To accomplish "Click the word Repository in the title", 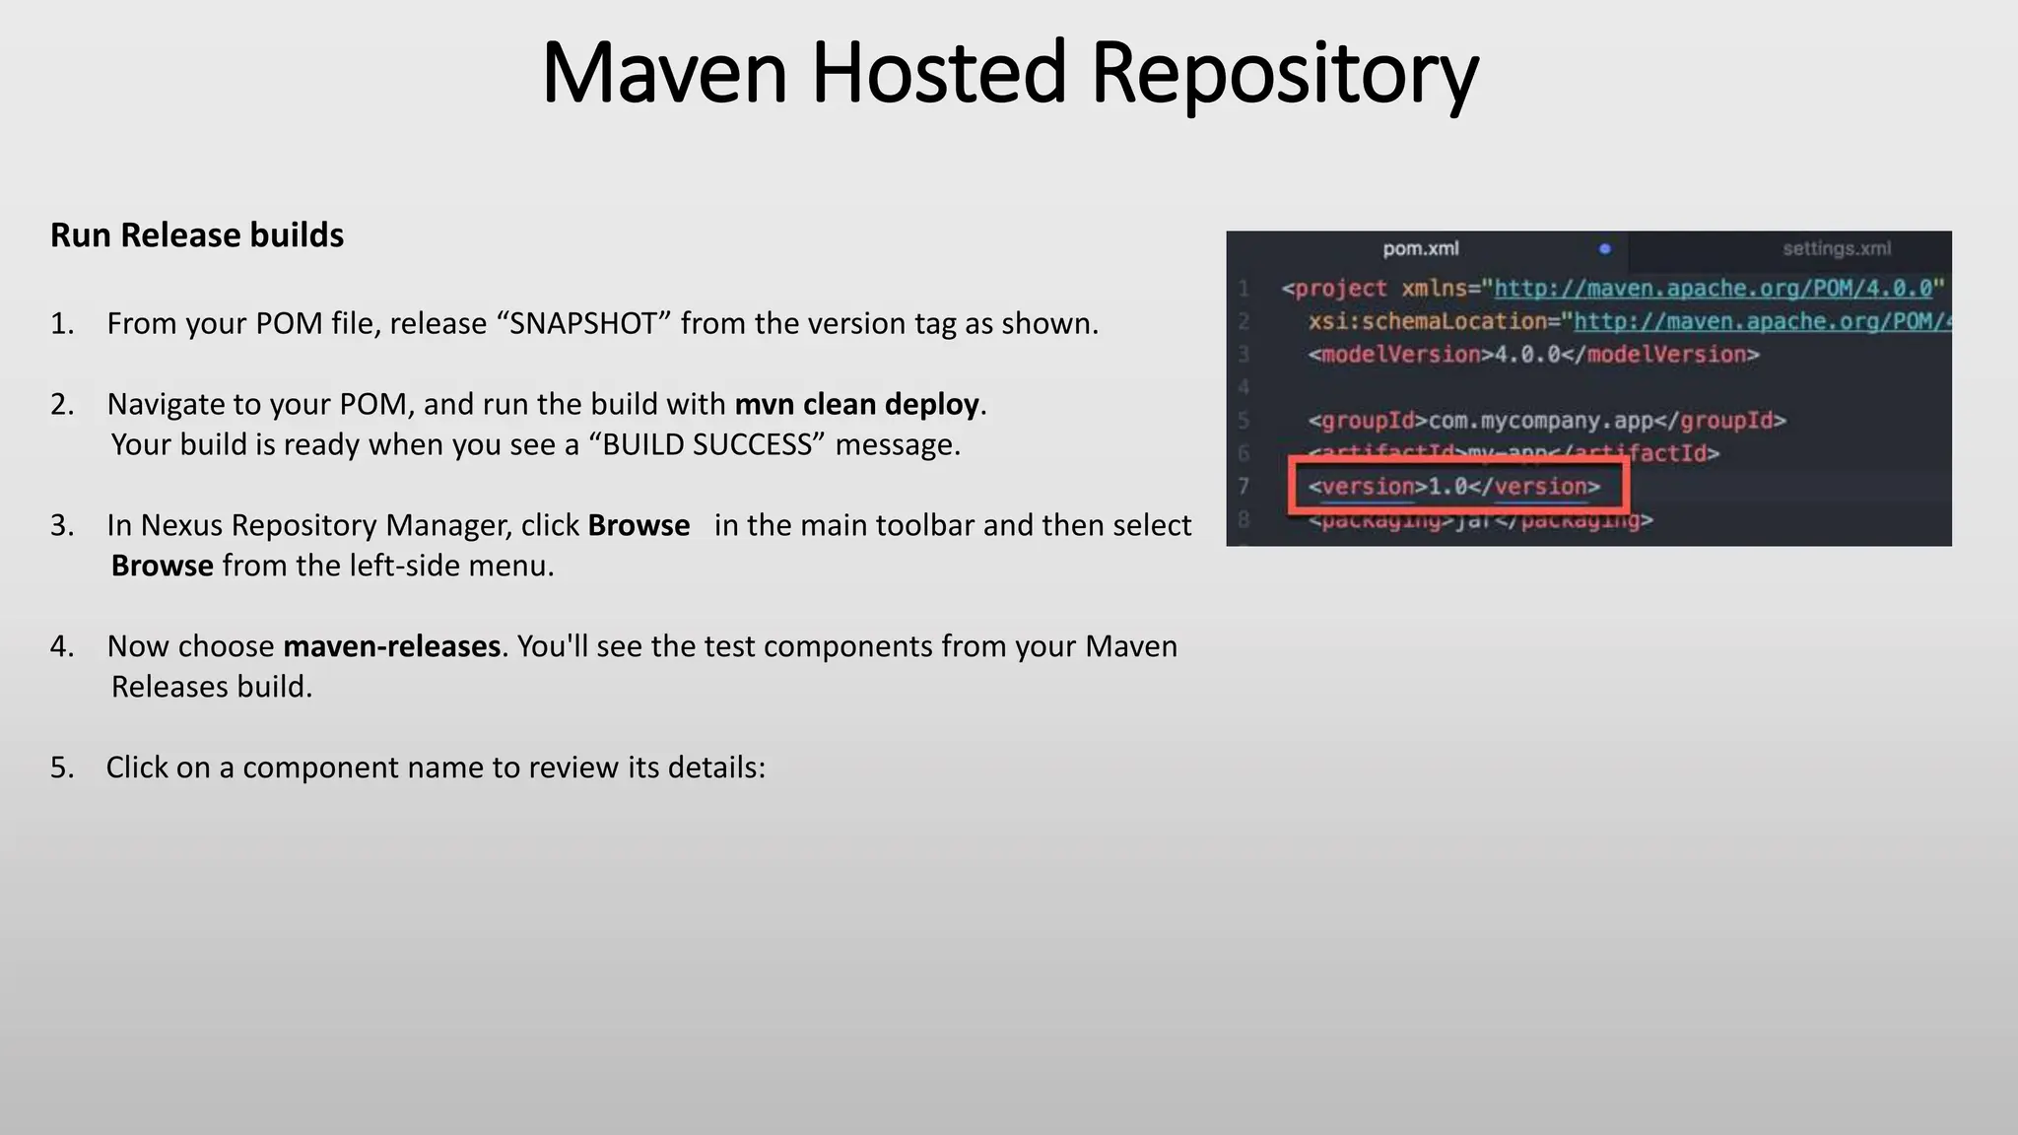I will (1285, 75).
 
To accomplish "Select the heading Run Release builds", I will (197, 235).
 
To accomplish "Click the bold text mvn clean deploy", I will (856, 405).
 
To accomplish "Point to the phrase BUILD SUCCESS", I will (706, 445).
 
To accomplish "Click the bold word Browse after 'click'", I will (639, 526).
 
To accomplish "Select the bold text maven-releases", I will (391, 647).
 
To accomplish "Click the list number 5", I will (61, 768).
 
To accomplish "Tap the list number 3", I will (61, 526).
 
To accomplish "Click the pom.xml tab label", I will (1420, 249).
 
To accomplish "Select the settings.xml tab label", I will (1836, 249).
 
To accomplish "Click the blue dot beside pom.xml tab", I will (1605, 249).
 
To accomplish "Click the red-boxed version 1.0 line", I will (1454, 487).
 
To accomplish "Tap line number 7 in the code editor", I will (1244, 487).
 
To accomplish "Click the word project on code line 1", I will (1340, 289).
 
